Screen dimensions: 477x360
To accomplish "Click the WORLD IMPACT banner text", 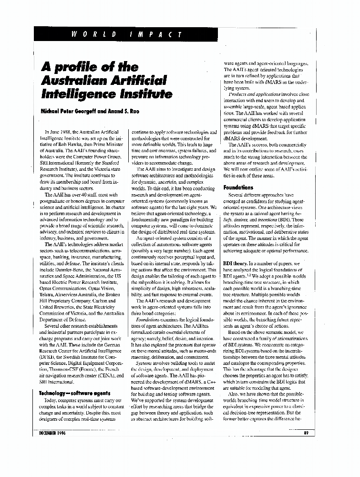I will pyautogui.click(x=127, y=34).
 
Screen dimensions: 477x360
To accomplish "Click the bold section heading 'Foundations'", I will pyautogui.click(x=238, y=187).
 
